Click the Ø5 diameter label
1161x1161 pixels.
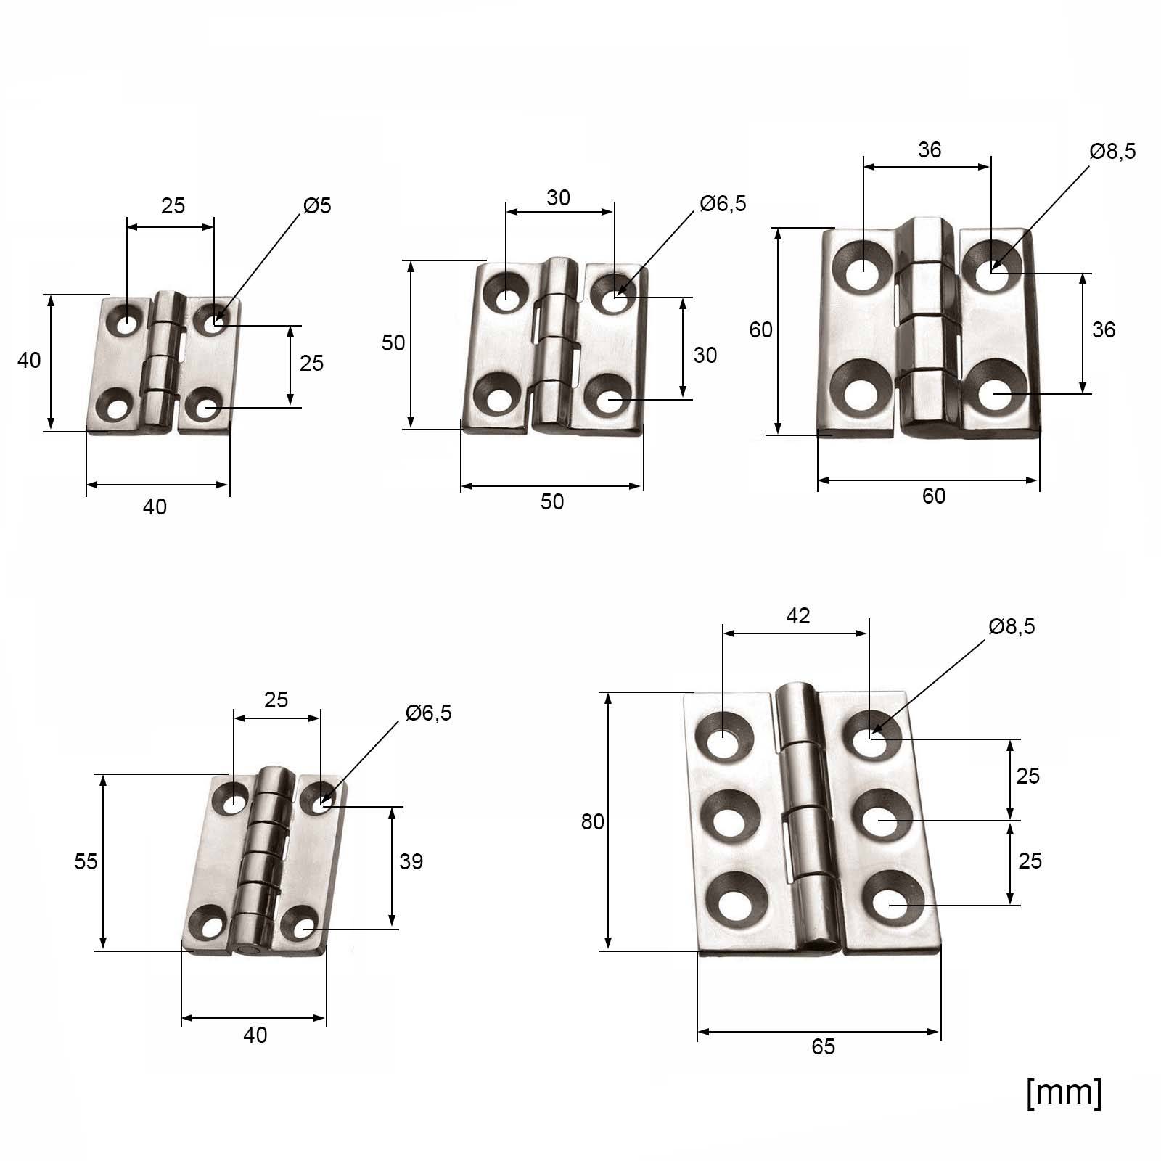(x=317, y=206)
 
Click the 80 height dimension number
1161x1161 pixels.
(x=592, y=822)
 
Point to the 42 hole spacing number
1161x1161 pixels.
(x=797, y=616)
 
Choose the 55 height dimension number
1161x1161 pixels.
(x=86, y=861)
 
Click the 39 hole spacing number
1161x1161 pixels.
(x=411, y=861)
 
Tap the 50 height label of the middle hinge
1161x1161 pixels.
(x=393, y=342)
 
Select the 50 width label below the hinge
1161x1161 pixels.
(x=551, y=502)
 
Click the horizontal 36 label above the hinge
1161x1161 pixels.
(x=929, y=150)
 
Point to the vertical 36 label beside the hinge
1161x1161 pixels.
(x=1103, y=330)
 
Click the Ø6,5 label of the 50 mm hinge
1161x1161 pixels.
(x=723, y=204)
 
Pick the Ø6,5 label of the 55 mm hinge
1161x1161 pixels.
(x=428, y=713)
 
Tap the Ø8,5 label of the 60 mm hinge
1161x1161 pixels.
(x=1112, y=151)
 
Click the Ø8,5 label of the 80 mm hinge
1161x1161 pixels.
(x=1012, y=626)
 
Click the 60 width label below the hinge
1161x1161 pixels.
(x=934, y=496)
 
